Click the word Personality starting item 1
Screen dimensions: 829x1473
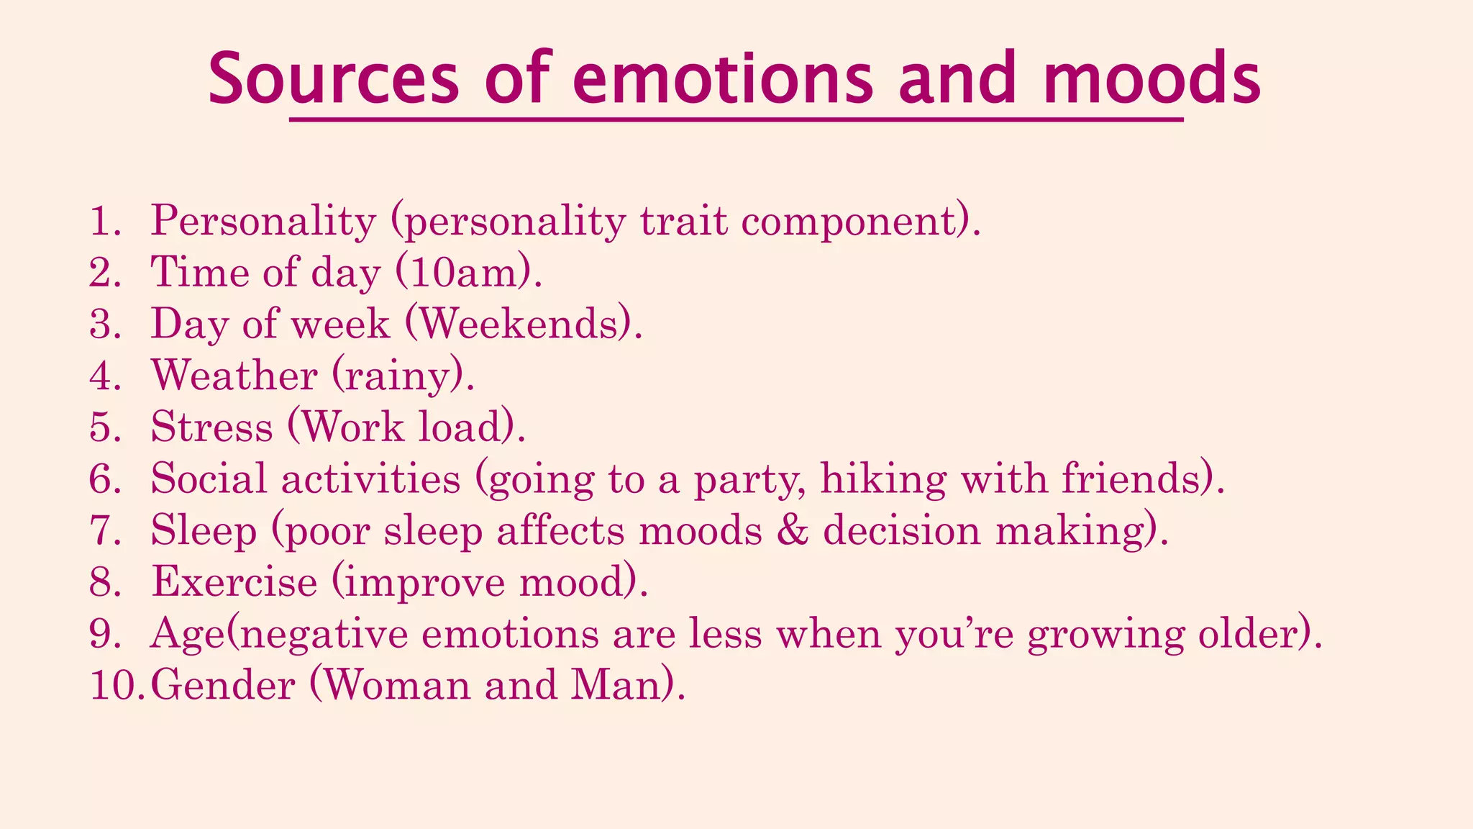[263, 221]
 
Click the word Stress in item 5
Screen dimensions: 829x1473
[212, 427]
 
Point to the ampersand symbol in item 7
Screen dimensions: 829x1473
[793, 531]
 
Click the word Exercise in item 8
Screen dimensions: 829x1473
[234, 581]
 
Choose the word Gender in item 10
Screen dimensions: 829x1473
[223, 684]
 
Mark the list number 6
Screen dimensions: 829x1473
[105, 479]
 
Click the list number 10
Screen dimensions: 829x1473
[114, 684]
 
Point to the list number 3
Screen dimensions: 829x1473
[105, 324]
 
